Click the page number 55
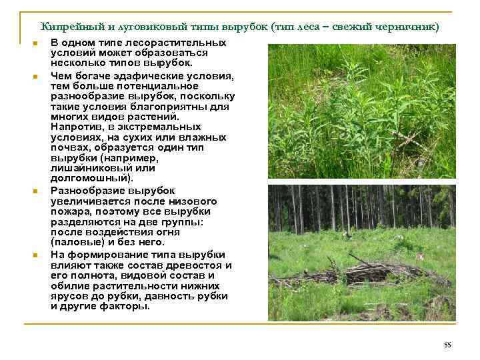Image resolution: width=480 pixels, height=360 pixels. click(x=447, y=344)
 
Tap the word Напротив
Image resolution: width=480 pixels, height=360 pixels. click(x=76, y=126)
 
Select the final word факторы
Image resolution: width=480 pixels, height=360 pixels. click(x=127, y=306)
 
